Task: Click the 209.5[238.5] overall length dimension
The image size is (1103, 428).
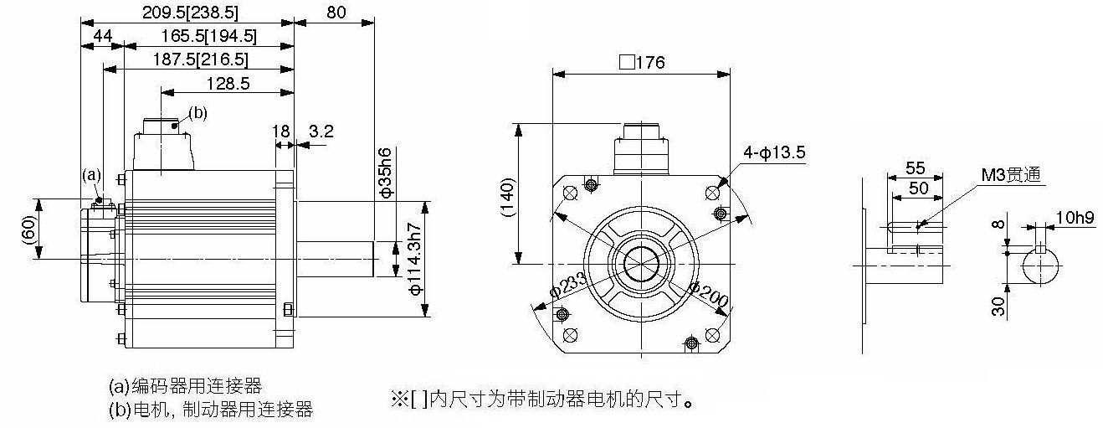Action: [x=190, y=13]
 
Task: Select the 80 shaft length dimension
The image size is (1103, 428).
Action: [x=336, y=13]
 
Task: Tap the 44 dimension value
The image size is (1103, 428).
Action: [x=102, y=36]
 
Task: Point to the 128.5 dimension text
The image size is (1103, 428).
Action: [x=228, y=83]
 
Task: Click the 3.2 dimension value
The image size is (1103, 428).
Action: [x=321, y=131]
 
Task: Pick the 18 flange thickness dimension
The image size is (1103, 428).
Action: [x=281, y=131]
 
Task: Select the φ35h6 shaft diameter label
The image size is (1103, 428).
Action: [x=386, y=172]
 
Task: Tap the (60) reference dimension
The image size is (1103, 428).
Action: [x=29, y=230]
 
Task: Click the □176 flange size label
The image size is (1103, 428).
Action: [x=642, y=63]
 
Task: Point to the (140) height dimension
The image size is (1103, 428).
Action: [x=507, y=198]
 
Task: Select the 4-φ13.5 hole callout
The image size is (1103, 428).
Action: [x=774, y=152]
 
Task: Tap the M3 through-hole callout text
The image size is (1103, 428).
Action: [x=1012, y=174]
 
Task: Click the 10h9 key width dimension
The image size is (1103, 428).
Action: [x=1075, y=218]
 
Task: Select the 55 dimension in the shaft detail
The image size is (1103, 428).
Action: [x=916, y=168]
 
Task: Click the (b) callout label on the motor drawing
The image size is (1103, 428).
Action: [x=198, y=113]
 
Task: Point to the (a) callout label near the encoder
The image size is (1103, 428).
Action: [x=91, y=175]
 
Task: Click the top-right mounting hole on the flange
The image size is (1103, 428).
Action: [x=712, y=193]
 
